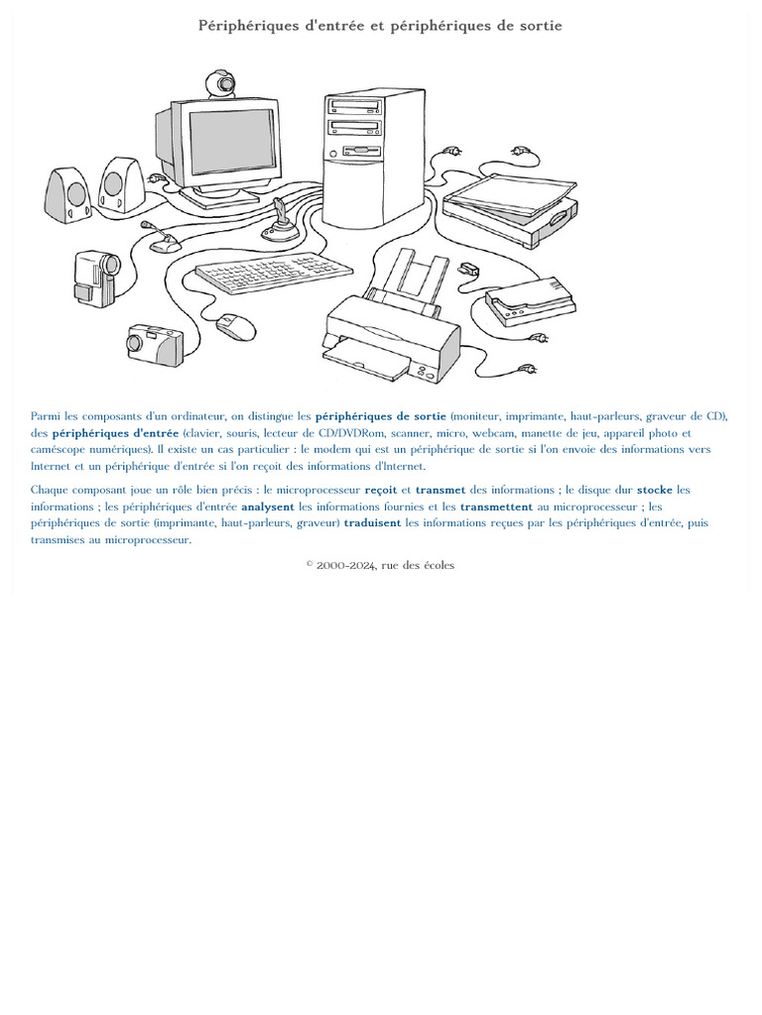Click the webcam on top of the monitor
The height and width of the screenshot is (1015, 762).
click(x=221, y=84)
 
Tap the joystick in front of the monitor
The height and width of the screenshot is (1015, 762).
click(x=280, y=222)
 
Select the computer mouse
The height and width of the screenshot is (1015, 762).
click(x=236, y=327)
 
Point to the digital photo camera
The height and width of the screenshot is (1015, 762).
click(x=155, y=346)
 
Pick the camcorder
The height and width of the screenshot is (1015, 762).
click(x=96, y=279)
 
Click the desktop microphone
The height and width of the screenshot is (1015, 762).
click(x=161, y=238)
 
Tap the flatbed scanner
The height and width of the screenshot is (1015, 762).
click(x=511, y=209)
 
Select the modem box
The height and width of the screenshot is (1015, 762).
click(x=531, y=301)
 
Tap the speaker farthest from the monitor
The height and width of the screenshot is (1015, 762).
click(x=68, y=195)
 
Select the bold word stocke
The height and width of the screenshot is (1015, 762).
click(x=655, y=490)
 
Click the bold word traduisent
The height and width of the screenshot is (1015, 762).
click(x=373, y=523)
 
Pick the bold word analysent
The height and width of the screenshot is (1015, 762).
click(x=268, y=507)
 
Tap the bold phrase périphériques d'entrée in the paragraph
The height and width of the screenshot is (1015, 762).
click(x=115, y=433)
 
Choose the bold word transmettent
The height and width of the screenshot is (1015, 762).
click(x=496, y=507)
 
